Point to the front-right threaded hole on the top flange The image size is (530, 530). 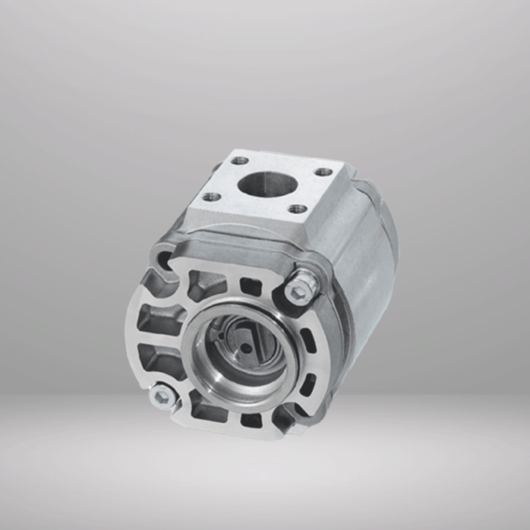coord(298,209)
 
